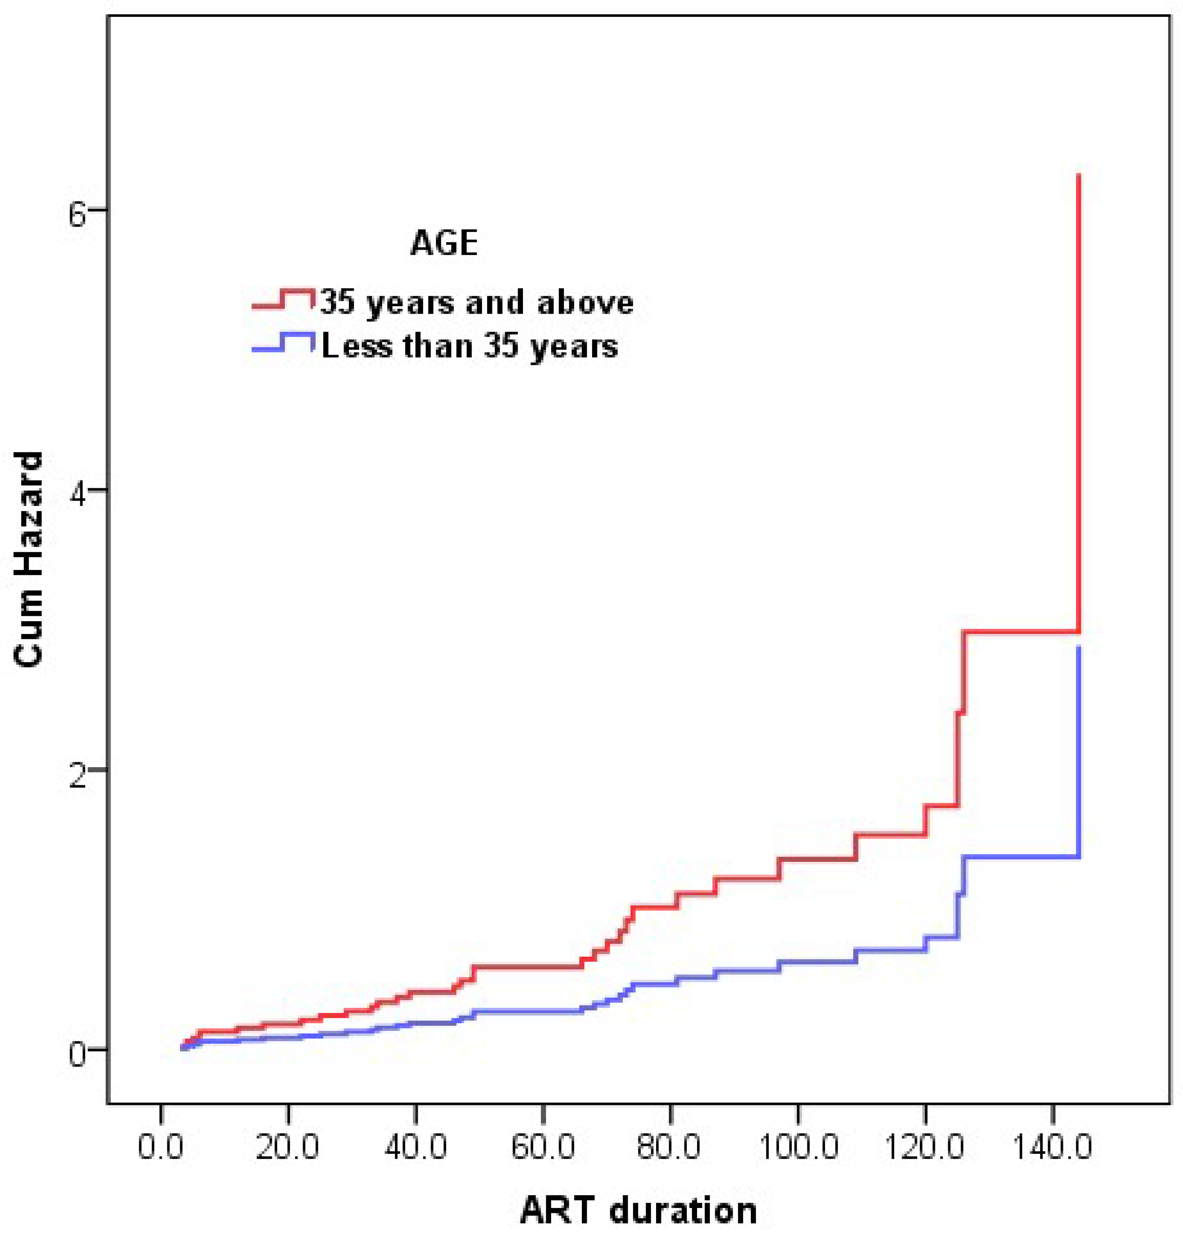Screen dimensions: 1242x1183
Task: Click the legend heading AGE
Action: (x=444, y=243)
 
